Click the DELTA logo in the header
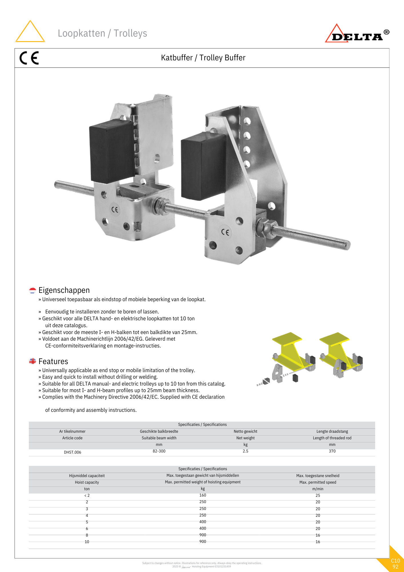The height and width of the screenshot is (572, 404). (x=357, y=34)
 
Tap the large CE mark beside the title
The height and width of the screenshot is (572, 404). (x=29, y=58)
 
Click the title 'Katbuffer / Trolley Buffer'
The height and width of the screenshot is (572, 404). (x=203, y=58)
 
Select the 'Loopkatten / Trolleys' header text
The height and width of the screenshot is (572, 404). (x=102, y=33)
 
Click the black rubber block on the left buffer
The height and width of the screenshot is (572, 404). (x=111, y=152)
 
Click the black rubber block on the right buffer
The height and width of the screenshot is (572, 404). (x=203, y=166)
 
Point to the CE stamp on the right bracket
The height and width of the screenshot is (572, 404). (x=225, y=232)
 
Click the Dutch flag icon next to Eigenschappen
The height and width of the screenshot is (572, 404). (x=33, y=290)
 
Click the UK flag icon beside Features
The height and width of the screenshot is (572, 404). (x=33, y=361)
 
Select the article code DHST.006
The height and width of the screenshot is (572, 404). (x=72, y=452)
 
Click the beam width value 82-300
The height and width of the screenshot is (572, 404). (x=159, y=451)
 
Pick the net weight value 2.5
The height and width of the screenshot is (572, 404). (x=245, y=451)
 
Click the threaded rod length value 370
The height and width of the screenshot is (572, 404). (x=332, y=451)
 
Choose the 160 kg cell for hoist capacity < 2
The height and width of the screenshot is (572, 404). (x=203, y=495)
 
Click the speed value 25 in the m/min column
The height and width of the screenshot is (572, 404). (x=318, y=495)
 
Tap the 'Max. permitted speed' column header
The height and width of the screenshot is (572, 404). (x=318, y=482)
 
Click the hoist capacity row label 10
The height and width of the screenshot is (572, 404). (x=87, y=542)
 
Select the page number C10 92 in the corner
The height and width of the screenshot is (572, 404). (x=395, y=564)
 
